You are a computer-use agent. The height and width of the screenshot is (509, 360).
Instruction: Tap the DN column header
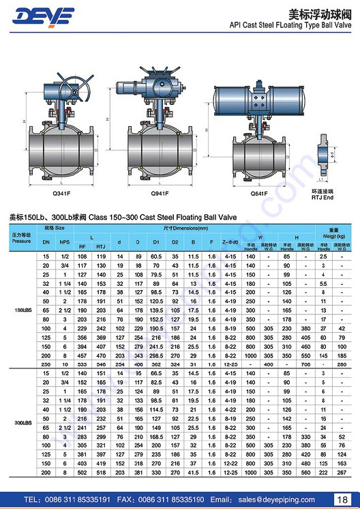pos(46,242)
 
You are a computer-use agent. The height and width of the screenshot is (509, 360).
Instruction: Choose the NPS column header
pos(64,242)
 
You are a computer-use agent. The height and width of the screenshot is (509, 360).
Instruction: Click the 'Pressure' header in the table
pos(21,242)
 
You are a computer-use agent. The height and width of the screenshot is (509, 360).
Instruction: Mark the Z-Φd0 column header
pos(230,242)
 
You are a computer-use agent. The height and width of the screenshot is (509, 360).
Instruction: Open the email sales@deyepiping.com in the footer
pos(275,499)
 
